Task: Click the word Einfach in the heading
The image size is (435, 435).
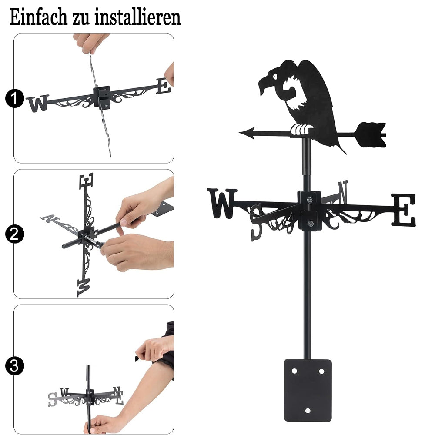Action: (38, 17)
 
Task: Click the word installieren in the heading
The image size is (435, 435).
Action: (137, 17)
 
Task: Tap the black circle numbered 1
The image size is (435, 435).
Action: (14, 98)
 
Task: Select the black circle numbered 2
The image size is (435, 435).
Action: (14, 234)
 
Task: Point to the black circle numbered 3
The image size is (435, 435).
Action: (14, 366)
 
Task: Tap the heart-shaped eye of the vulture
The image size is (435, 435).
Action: (274, 75)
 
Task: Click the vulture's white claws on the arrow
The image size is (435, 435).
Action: (301, 130)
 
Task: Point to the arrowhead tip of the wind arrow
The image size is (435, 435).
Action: (239, 133)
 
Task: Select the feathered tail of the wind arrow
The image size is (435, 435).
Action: (371, 135)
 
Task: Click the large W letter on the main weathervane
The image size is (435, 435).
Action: (222, 203)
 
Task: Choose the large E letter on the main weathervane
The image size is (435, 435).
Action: (404, 210)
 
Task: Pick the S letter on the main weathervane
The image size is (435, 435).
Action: (256, 222)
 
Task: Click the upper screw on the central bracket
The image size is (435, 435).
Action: (310, 200)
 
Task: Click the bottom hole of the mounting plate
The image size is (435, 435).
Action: (308, 411)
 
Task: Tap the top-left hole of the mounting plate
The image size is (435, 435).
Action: (294, 371)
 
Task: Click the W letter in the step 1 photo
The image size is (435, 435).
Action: (38, 104)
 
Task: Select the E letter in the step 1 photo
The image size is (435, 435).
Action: (163, 86)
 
